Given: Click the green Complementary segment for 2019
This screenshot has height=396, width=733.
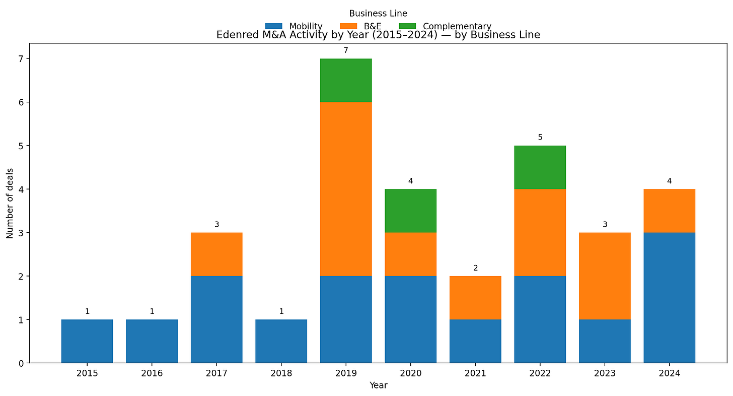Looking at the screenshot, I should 346,81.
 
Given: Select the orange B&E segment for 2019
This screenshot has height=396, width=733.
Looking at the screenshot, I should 346,189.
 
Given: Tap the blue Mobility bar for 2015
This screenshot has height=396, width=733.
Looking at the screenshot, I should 87,341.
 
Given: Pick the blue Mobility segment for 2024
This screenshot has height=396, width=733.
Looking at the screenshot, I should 669,297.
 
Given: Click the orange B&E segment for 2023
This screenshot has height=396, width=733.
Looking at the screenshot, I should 605,276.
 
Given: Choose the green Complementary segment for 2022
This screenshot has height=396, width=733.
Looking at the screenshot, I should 540,167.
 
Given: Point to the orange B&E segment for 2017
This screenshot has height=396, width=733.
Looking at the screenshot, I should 216,254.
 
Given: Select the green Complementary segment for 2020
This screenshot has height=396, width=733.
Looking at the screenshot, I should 410,211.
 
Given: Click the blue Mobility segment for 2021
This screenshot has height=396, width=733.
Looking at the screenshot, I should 475,341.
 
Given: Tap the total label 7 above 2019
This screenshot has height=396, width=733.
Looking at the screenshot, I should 346,50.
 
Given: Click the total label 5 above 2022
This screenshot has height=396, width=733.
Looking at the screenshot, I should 540,137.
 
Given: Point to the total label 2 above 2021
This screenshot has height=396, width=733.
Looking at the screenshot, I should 475,268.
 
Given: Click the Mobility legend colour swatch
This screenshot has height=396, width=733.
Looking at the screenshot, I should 274,26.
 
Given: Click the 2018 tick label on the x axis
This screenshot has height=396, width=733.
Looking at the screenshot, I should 281,373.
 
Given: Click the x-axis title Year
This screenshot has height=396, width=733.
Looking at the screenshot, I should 378,385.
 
